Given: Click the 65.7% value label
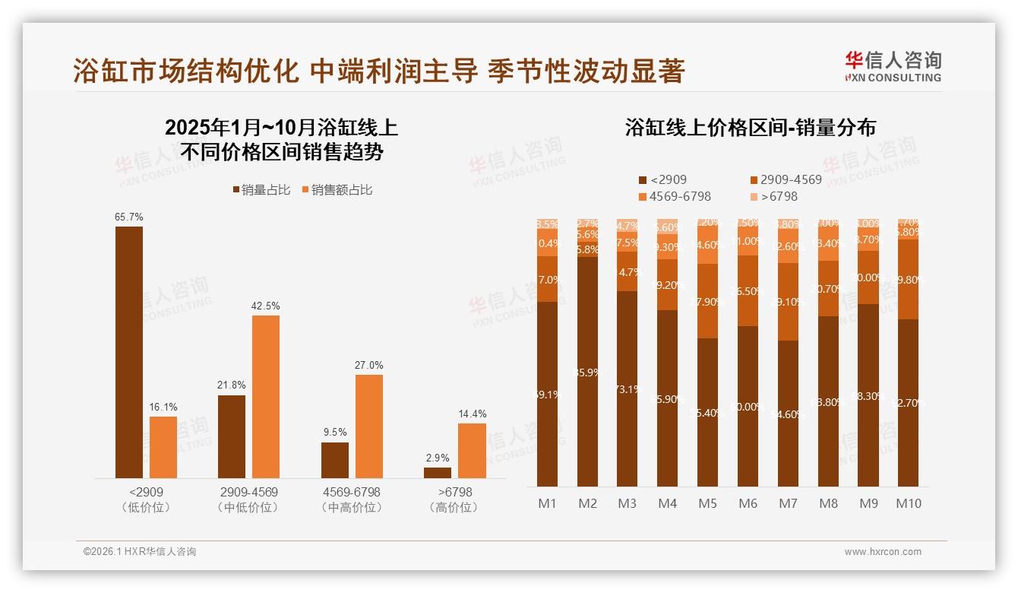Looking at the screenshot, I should pos(128,217).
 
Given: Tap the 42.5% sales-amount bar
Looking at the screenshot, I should pos(266,396).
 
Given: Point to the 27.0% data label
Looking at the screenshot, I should pos(368,365).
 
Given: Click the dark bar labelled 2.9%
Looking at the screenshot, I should pos(438,473).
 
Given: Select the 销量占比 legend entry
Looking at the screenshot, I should pos(261,190).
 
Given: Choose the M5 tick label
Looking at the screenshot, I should pos(708,503).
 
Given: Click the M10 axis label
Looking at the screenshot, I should pos(909,503).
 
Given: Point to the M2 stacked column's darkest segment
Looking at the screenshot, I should pos(587,372).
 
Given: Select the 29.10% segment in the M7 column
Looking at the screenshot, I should pos(789,302).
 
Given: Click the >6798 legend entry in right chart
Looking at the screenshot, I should pos(774,197).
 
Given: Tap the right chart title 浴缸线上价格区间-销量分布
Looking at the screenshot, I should pos(750,127).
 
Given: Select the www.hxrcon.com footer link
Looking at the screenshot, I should pos(883,552).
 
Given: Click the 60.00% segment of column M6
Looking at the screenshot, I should pos(748,407).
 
